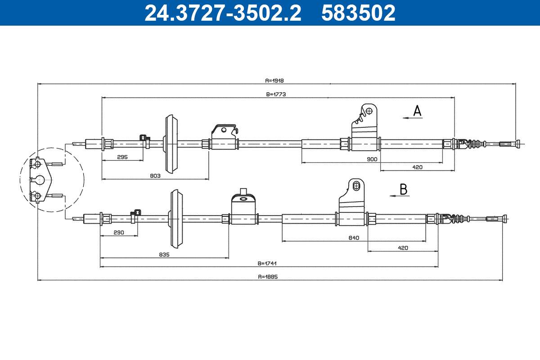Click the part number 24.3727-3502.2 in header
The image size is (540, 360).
pyautogui.click(x=223, y=13)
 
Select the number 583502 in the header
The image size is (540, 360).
pyautogui.click(x=358, y=13)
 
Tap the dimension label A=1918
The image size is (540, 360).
pyautogui.click(x=274, y=81)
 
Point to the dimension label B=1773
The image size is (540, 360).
pyautogui.click(x=276, y=94)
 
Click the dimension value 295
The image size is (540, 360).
pyautogui.click(x=122, y=157)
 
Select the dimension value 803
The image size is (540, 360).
pyautogui.click(x=155, y=176)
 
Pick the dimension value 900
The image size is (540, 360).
pyautogui.click(x=372, y=159)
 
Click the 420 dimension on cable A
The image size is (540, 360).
pyautogui.click(x=417, y=167)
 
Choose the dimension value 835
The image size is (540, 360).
pyautogui.click(x=164, y=255)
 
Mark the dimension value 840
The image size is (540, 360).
pyautogui.click(x=353, y=238)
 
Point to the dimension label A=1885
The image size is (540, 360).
pyautogui.click(x=269, y=277)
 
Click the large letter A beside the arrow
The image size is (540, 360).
pyautogui.click(x=418, y=111)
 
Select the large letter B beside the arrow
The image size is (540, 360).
pyautogui.click(x=404, y=189)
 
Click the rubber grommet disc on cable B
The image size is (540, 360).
pyautogui.click(x=177, y=219)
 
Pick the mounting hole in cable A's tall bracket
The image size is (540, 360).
pyautogui.click(x=369, y=110)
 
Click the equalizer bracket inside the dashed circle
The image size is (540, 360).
pyautogui.click(x=40, y=179)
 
